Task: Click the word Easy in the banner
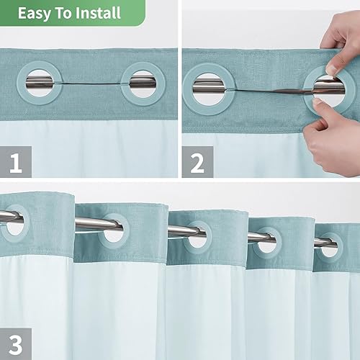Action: pos(35,14)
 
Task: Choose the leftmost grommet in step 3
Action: pos(13,220)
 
